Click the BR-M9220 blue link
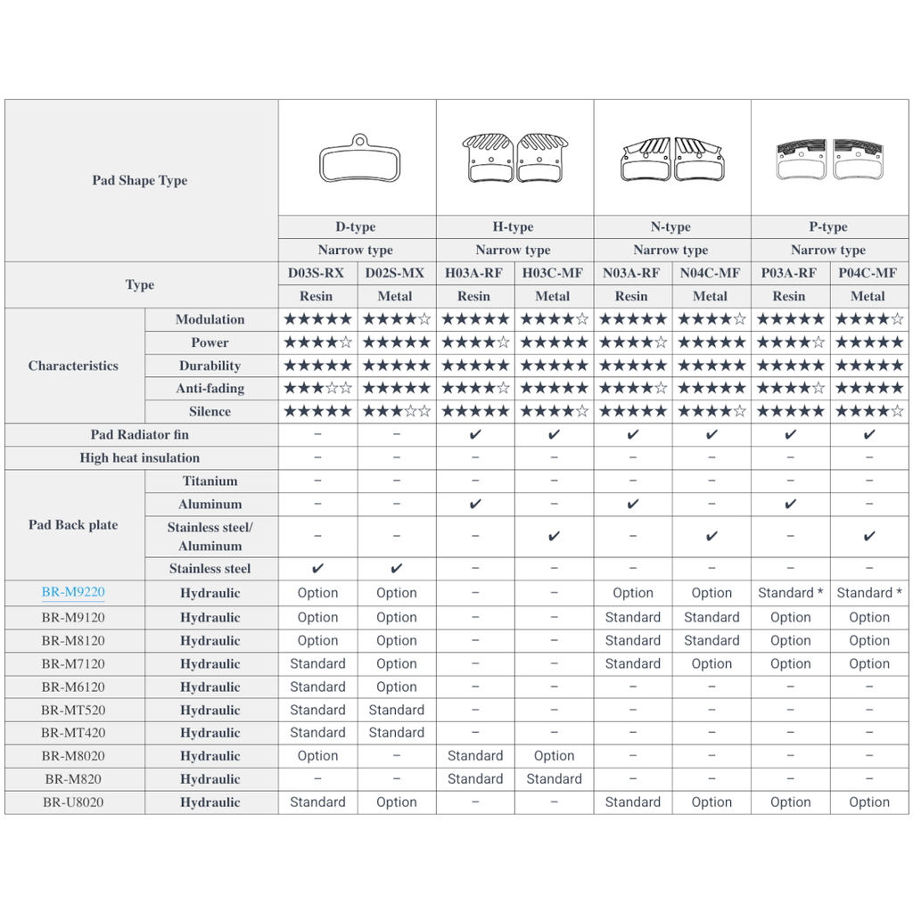tap(73, 593)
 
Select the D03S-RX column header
tap(316, 273)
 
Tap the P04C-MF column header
tap(868, 273)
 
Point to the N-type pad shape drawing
tap(670, 160)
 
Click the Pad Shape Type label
tap(140, 180)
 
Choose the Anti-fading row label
tap(210, 389)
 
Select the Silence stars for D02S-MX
tap(396, 412)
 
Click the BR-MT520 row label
tap(73, 711)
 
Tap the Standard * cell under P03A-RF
tap(790, 593)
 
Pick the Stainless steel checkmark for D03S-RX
tap(317, 569)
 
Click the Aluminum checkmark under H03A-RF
tap(475, 505)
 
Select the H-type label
tap(513, 227)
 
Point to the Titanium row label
tap(210, 481)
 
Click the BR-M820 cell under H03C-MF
tap(554, 779)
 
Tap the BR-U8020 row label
tap(73, 802)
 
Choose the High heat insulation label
tap(140, 458)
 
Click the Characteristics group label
tap(73, 366)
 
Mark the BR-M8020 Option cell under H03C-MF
tap(554, 756)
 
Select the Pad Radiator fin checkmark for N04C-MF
tap(711, 435)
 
